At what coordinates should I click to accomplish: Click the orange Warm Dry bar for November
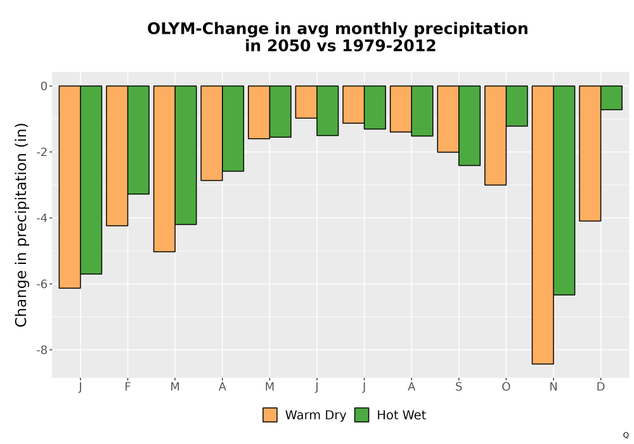(x=543, y=225)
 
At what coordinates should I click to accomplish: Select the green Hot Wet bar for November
(x=564, y=190)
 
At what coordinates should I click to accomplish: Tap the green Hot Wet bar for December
(x=611, y=98)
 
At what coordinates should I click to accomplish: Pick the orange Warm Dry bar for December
(x=590, y=153)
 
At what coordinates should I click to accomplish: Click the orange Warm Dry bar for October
(x=495, y=135)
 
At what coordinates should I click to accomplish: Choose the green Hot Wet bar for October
(x=517, y=106)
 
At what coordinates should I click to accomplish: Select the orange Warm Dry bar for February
(x=117, y=155)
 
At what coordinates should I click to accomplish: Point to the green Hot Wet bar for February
(x=138, y=140)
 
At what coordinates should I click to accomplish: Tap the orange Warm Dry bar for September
(x=448, y=119)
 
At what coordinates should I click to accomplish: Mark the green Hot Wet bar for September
(x=469, y=126)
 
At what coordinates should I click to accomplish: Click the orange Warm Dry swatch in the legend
(x=270, y=415)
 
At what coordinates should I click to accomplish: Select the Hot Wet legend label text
(x=401, y=415)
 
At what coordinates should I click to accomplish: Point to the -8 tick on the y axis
(x=42, y=350)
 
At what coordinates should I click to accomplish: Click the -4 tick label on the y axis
(x=42, y=218)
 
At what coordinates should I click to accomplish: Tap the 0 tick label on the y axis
(x=44, y=86)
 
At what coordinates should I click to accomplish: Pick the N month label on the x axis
(x=553, y=387)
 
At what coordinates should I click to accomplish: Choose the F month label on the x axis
(x=128, y=387)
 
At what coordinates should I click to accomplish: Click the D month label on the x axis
(x=601, y=387)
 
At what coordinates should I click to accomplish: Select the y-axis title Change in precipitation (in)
(x=21, y=225)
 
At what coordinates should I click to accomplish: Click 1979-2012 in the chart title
(x=389, y=46)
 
